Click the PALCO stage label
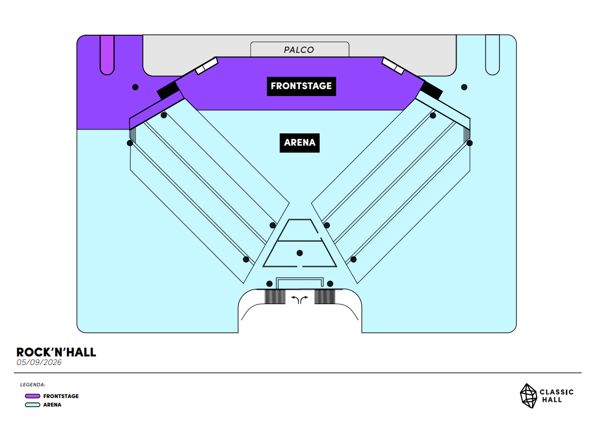[299, 50]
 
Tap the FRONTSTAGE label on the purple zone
[301, 86]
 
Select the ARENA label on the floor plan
[299, 142]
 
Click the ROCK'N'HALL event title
[56, 352]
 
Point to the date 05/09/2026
[39, 363]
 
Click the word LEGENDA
[32, 384]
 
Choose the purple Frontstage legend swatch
[32, 396]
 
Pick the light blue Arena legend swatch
[32, 405]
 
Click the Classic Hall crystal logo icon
[528, 395]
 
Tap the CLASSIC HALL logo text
[556, 395]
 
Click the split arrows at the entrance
[299, 299]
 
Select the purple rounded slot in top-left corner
[108, 54]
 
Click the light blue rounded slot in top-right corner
[492, 54]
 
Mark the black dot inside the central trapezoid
[300, 253]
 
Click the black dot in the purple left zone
[135, 87]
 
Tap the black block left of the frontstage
[168, 90]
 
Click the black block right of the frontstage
[432, 90]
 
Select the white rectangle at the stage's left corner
[207, 66]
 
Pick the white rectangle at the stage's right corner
[393, 66]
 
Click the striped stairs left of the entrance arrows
[275, 296]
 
